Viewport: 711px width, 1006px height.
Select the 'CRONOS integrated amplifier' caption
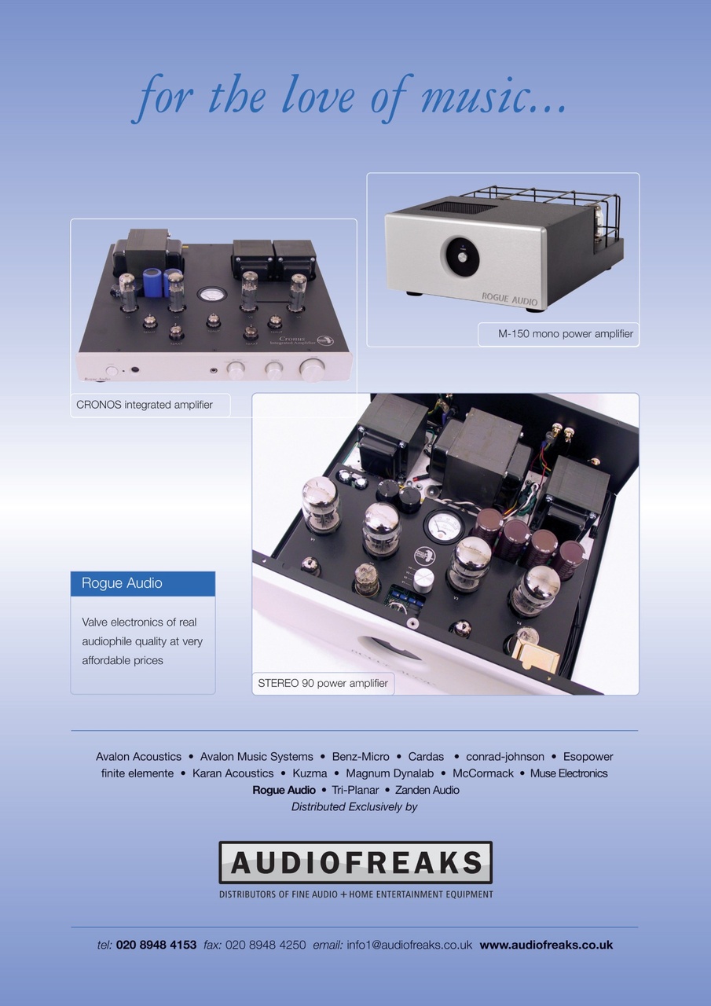coord(145,405)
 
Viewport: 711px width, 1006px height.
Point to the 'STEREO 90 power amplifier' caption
coord(323,683)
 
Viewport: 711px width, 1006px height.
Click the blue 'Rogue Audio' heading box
coord(143,583)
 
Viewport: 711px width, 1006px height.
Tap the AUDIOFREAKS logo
coord(355,862)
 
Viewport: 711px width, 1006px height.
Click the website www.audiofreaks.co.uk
coord(546,945)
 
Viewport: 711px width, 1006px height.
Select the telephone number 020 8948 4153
coord(156,945)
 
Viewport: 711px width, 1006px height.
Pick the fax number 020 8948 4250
coord(266,945)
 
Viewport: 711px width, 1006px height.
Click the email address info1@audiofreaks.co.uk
coord(409,945)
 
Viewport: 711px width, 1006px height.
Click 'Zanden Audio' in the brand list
coord(427,790)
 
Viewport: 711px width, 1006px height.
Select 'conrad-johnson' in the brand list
coord(505,757)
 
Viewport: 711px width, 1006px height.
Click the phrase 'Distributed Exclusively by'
coord(354,806)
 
